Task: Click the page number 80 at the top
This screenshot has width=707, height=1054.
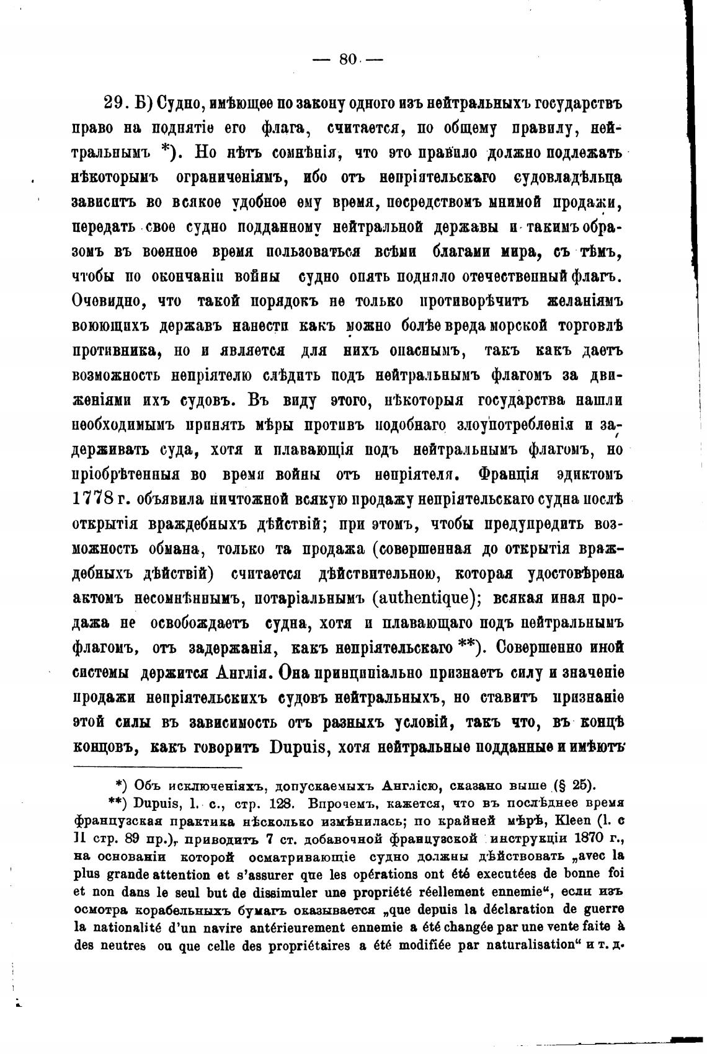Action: (x=348, y=60)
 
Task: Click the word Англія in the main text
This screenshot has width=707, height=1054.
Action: (x=241, y=673)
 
